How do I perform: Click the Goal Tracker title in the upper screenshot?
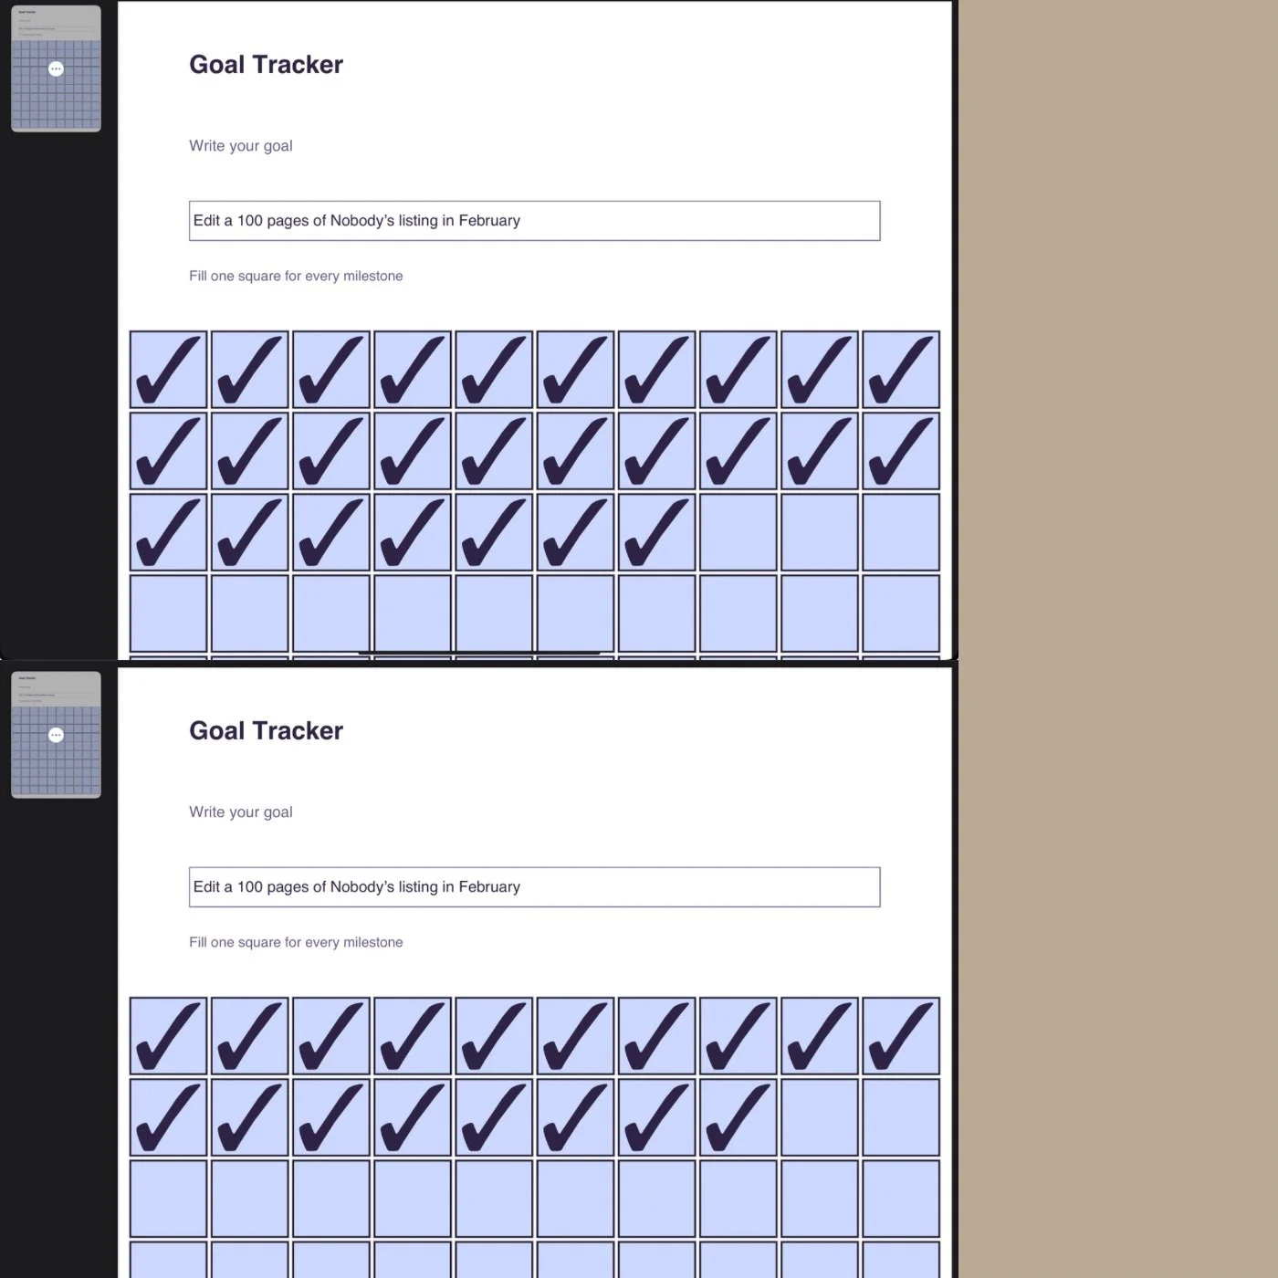point(266,65)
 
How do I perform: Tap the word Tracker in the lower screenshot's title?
point(300,731)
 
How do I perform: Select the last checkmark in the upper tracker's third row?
point(656,532)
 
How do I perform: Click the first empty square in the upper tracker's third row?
point(738,532)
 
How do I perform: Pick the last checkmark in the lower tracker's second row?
point(738,1117)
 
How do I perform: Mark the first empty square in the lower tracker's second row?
point(819,1117)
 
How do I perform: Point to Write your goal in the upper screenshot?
point(241,146)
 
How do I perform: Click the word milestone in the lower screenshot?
point(372,942)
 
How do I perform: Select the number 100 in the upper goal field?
point(249,221)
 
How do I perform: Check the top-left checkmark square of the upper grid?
point(169,370)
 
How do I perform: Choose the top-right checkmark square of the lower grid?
point(900,1036)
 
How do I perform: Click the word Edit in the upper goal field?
point(206,221)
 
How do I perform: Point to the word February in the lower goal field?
point(489,887)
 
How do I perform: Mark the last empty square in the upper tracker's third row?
point(900,532)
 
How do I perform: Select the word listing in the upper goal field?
point(417,221)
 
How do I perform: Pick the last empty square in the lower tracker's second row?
point(900,1117)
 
